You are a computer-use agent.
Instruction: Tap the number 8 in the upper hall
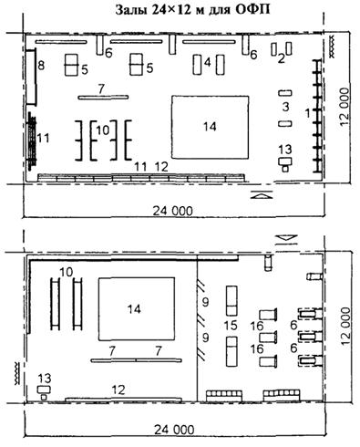pyautogui.click(x=41, y=66)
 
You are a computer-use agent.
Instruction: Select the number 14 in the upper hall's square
pyautogui.click(x=210, y=126)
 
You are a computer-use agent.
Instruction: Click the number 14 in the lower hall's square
pyautogui.click(x=134, y=309)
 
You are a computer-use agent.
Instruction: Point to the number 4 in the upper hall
pyautogui.click(x=208, y=62)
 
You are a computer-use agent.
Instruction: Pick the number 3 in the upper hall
pyautogui.click(x=285, y=107)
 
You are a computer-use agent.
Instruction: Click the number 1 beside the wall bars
pyautogui.click(x=307, y=113)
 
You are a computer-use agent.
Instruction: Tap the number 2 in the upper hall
pyautogui.click(x=282, y=58)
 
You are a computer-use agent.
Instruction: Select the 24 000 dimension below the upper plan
pyautogui.click(x=172, y=211)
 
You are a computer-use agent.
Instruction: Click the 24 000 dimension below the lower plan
pyautogui.click(x=174, y=430)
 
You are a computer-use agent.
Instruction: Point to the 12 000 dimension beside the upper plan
pyautogui.click(x=345, y=107)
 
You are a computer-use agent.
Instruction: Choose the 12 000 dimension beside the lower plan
pyautogui.click(x=345, y=326)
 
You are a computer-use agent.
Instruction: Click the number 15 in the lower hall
pyautogui.click(x=231, y=326)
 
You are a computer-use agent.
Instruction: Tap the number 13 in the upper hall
pyautogui.click(x=285, y=150)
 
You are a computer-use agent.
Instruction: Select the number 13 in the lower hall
pyautogui.click(x=45, y=379)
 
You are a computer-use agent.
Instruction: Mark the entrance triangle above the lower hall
pyautogui.click(x=288, y=239)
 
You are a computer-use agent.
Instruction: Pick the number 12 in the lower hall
pyautogui.click(x=118, y=390)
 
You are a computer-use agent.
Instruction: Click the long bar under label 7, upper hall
pyautogui.click(x=103, y=98)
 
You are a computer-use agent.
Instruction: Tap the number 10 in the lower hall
pyautogui.click(x=67, y=272)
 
